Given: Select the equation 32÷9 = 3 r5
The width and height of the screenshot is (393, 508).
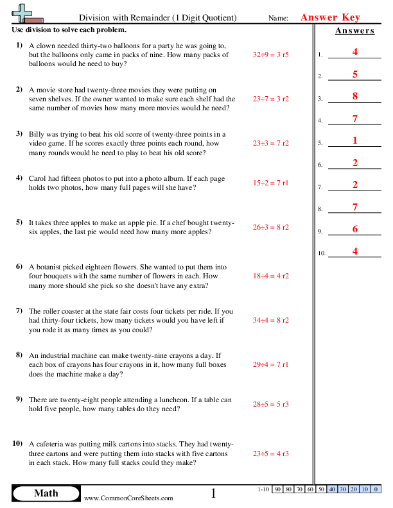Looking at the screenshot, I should click(270, 55).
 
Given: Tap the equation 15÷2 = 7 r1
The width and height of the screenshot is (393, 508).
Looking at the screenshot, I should click(270, 183).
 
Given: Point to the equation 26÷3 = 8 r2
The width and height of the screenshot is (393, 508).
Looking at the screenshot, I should click(270, 227).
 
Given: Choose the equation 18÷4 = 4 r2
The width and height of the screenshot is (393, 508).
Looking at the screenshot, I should click(270, 276).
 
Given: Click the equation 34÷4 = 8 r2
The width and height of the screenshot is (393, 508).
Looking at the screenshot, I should click(270, 320).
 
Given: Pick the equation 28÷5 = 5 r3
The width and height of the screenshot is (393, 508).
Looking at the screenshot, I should click(270, 405).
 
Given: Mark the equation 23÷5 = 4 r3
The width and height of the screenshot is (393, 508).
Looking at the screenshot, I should click(270, 453).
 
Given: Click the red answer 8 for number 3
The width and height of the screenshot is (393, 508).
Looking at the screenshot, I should click(354, 97).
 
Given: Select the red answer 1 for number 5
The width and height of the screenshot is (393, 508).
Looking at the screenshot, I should click(354, 140).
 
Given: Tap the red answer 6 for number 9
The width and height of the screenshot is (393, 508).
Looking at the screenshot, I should click(354, 229).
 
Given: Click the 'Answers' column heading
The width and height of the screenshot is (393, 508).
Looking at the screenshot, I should click(354, 31).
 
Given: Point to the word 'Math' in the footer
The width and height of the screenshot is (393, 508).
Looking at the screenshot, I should click(46, 493).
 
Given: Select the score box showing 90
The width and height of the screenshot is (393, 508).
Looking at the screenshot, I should click(278, 490).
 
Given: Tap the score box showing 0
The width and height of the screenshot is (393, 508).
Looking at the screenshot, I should click(375, 490).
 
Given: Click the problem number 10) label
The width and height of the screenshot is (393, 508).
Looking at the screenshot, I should click(17, 444).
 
